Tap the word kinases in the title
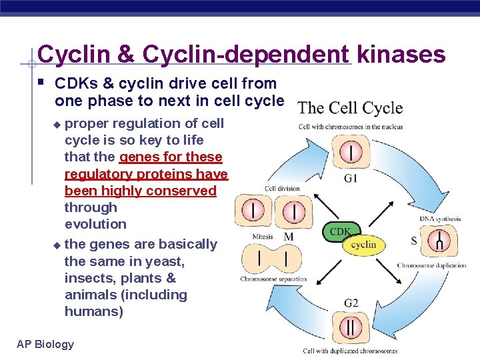click(x=401, y=55)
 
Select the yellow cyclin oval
click(x=363, y=245)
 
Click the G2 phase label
click(x=351, y=303)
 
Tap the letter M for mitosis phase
click(x=289, y=237)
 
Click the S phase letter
click(x=415, y=240)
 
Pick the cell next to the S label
click(x=438, y=241)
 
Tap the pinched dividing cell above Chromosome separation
click(x=273, y=259)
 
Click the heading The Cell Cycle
click(x=350, y=108)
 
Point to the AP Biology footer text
click(x=45, y=344)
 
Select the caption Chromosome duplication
click(x=431, y=265)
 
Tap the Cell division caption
click(x=282, y=189)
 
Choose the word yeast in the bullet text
click(x=167, y=261)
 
